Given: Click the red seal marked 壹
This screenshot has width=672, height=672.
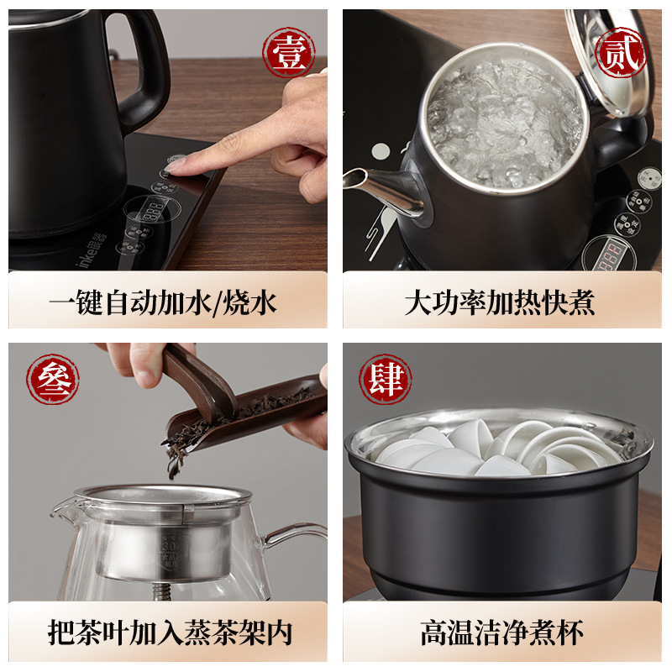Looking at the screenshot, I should point(289,53).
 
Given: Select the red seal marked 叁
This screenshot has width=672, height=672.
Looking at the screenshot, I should point(53,380).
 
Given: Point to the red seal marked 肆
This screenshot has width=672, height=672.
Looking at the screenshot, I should point(385,380).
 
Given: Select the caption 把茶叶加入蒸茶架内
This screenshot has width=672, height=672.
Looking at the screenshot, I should point(168,632).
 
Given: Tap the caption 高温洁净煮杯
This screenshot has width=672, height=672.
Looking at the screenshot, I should point(501,632).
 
